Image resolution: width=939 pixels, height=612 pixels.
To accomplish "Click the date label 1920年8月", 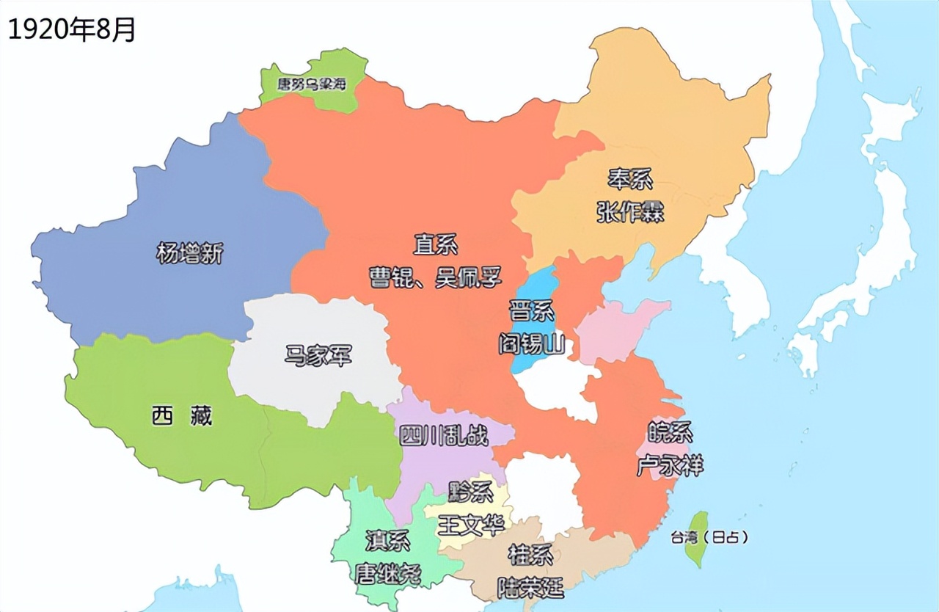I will click(71, 30).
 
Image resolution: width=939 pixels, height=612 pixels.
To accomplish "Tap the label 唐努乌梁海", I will click(311, 84).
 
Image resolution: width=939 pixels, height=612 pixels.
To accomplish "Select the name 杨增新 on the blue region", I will click(189, 253).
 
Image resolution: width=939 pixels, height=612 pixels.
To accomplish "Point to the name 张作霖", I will click(629, 213).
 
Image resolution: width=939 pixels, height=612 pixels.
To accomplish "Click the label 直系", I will click(436, 244).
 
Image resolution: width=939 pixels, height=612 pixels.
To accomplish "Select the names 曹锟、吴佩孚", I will click(436, 277).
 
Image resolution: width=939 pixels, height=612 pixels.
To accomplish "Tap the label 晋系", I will click(532, 310).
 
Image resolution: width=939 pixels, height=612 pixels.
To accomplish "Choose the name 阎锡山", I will click(532, 343).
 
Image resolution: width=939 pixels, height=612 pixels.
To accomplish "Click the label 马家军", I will click(318, 357).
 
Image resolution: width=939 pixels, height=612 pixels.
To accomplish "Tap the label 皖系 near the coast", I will click(670, 432).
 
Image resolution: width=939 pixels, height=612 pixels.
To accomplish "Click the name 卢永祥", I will click(670, 465).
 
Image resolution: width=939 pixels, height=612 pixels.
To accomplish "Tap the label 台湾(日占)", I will click(709, 537).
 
